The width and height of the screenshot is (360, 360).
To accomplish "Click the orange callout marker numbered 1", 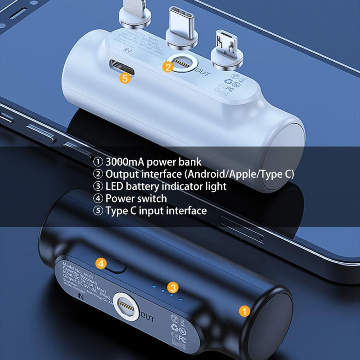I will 243,310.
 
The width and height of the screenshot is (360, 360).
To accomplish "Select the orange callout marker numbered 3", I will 173,286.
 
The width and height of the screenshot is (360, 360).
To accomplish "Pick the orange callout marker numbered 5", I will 126,77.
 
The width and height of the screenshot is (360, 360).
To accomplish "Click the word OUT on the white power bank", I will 202,72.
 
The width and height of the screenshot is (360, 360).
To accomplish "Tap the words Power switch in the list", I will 136,198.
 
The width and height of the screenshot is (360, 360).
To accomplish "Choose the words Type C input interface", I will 156,211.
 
